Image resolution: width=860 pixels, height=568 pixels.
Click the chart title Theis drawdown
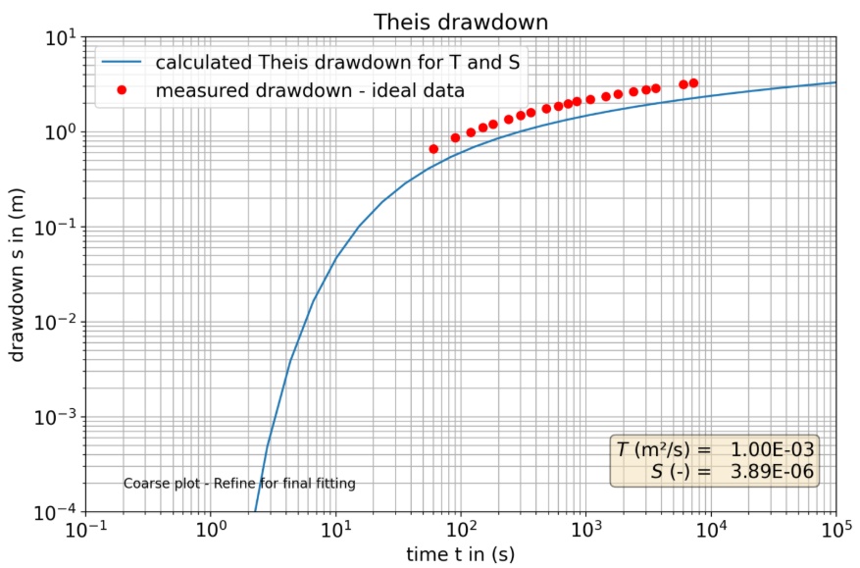[x=461, y=22]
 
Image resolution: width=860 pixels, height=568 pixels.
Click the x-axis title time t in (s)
[x=460, y=555]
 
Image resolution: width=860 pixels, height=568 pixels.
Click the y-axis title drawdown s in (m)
[x=18, y=277]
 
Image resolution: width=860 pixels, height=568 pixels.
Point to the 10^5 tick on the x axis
[x=835, y=531]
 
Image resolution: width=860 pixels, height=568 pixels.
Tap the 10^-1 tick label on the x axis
[x=85, y=531]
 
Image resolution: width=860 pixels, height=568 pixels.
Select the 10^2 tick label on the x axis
[x=460, y=531]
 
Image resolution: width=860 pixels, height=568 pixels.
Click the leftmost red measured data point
[x=433, y=149]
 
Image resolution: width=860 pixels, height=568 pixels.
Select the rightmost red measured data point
[x=693, y=83]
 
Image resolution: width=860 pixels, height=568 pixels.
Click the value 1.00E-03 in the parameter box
[x=773, y=450]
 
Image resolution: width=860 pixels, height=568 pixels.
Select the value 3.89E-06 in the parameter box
[x=773, y=472]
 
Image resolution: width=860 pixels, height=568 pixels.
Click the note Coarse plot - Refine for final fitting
[x=239, y=484]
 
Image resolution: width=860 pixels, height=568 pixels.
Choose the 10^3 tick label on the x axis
[x=585, y=531]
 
